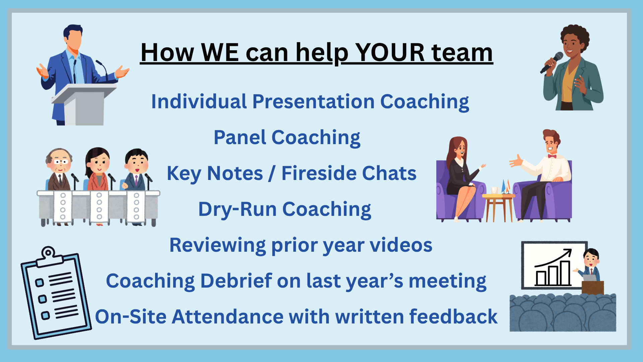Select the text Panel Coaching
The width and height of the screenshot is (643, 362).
pos(287,138)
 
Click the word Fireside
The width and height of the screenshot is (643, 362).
pos(319,173)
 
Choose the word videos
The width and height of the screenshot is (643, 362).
pos(401,245)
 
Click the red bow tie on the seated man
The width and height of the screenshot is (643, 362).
pos(552,156)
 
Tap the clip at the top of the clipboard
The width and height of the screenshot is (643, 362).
pos(50,256)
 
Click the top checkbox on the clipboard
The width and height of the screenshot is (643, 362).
pos(40,283)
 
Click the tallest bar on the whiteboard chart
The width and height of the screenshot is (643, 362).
pos(565,273)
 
